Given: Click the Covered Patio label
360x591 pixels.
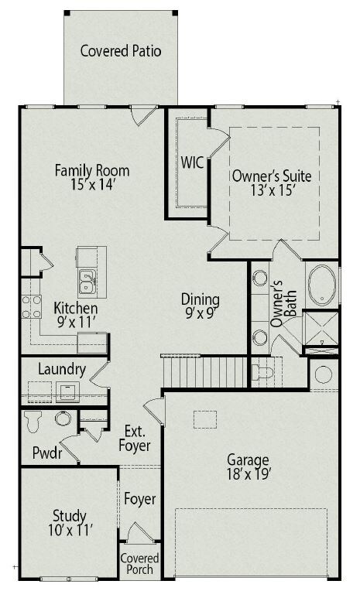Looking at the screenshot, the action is click(x=121, y=51).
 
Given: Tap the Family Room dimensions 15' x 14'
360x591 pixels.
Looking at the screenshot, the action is click(x=92, y=185).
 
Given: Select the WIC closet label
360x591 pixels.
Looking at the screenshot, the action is click(x=192, y=162).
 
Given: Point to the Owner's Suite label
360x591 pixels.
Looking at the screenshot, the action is click(x=272, y=176).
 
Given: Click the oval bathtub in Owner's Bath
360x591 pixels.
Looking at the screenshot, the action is click(x=322, y=285).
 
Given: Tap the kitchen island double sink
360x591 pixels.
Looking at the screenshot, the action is click(x=87, y=282).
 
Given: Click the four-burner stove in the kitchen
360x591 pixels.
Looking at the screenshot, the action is click(x=31, y=307).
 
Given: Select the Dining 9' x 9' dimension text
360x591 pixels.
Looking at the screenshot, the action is click(x=200, y=313).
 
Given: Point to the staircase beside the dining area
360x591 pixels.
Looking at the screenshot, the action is click(x=204, y=371).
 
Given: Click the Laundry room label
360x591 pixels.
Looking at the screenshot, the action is click(x=62, y=370).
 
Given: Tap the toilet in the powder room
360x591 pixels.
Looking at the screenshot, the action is click(x=33, y=422).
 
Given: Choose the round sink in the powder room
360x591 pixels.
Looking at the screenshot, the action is click(x=63, y=418).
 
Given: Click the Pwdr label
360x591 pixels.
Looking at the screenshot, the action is click(x=47, y=453).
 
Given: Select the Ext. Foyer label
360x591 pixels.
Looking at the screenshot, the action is click(x=135, y=439).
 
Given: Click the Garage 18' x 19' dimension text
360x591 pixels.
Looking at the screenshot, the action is click(x=249, y=474).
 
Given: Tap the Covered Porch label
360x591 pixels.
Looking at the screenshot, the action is click(x=139, y=563).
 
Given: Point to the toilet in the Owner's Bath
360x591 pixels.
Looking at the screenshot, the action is click(x=263, y=372).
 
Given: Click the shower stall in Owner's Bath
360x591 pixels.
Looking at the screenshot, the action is click(x=321, y=329).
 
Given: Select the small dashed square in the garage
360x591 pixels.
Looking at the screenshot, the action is click(x=205, y=419).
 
